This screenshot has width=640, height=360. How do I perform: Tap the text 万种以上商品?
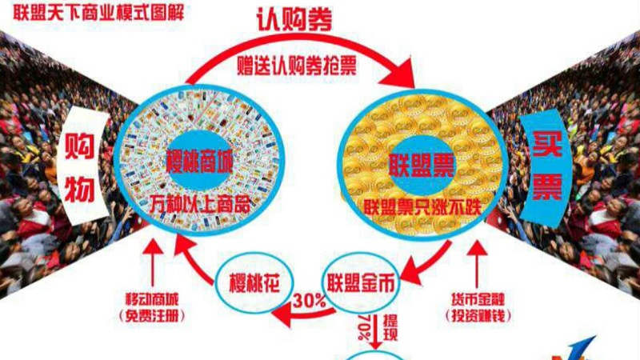(199, 204)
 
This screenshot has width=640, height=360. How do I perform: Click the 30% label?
(309, 302)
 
